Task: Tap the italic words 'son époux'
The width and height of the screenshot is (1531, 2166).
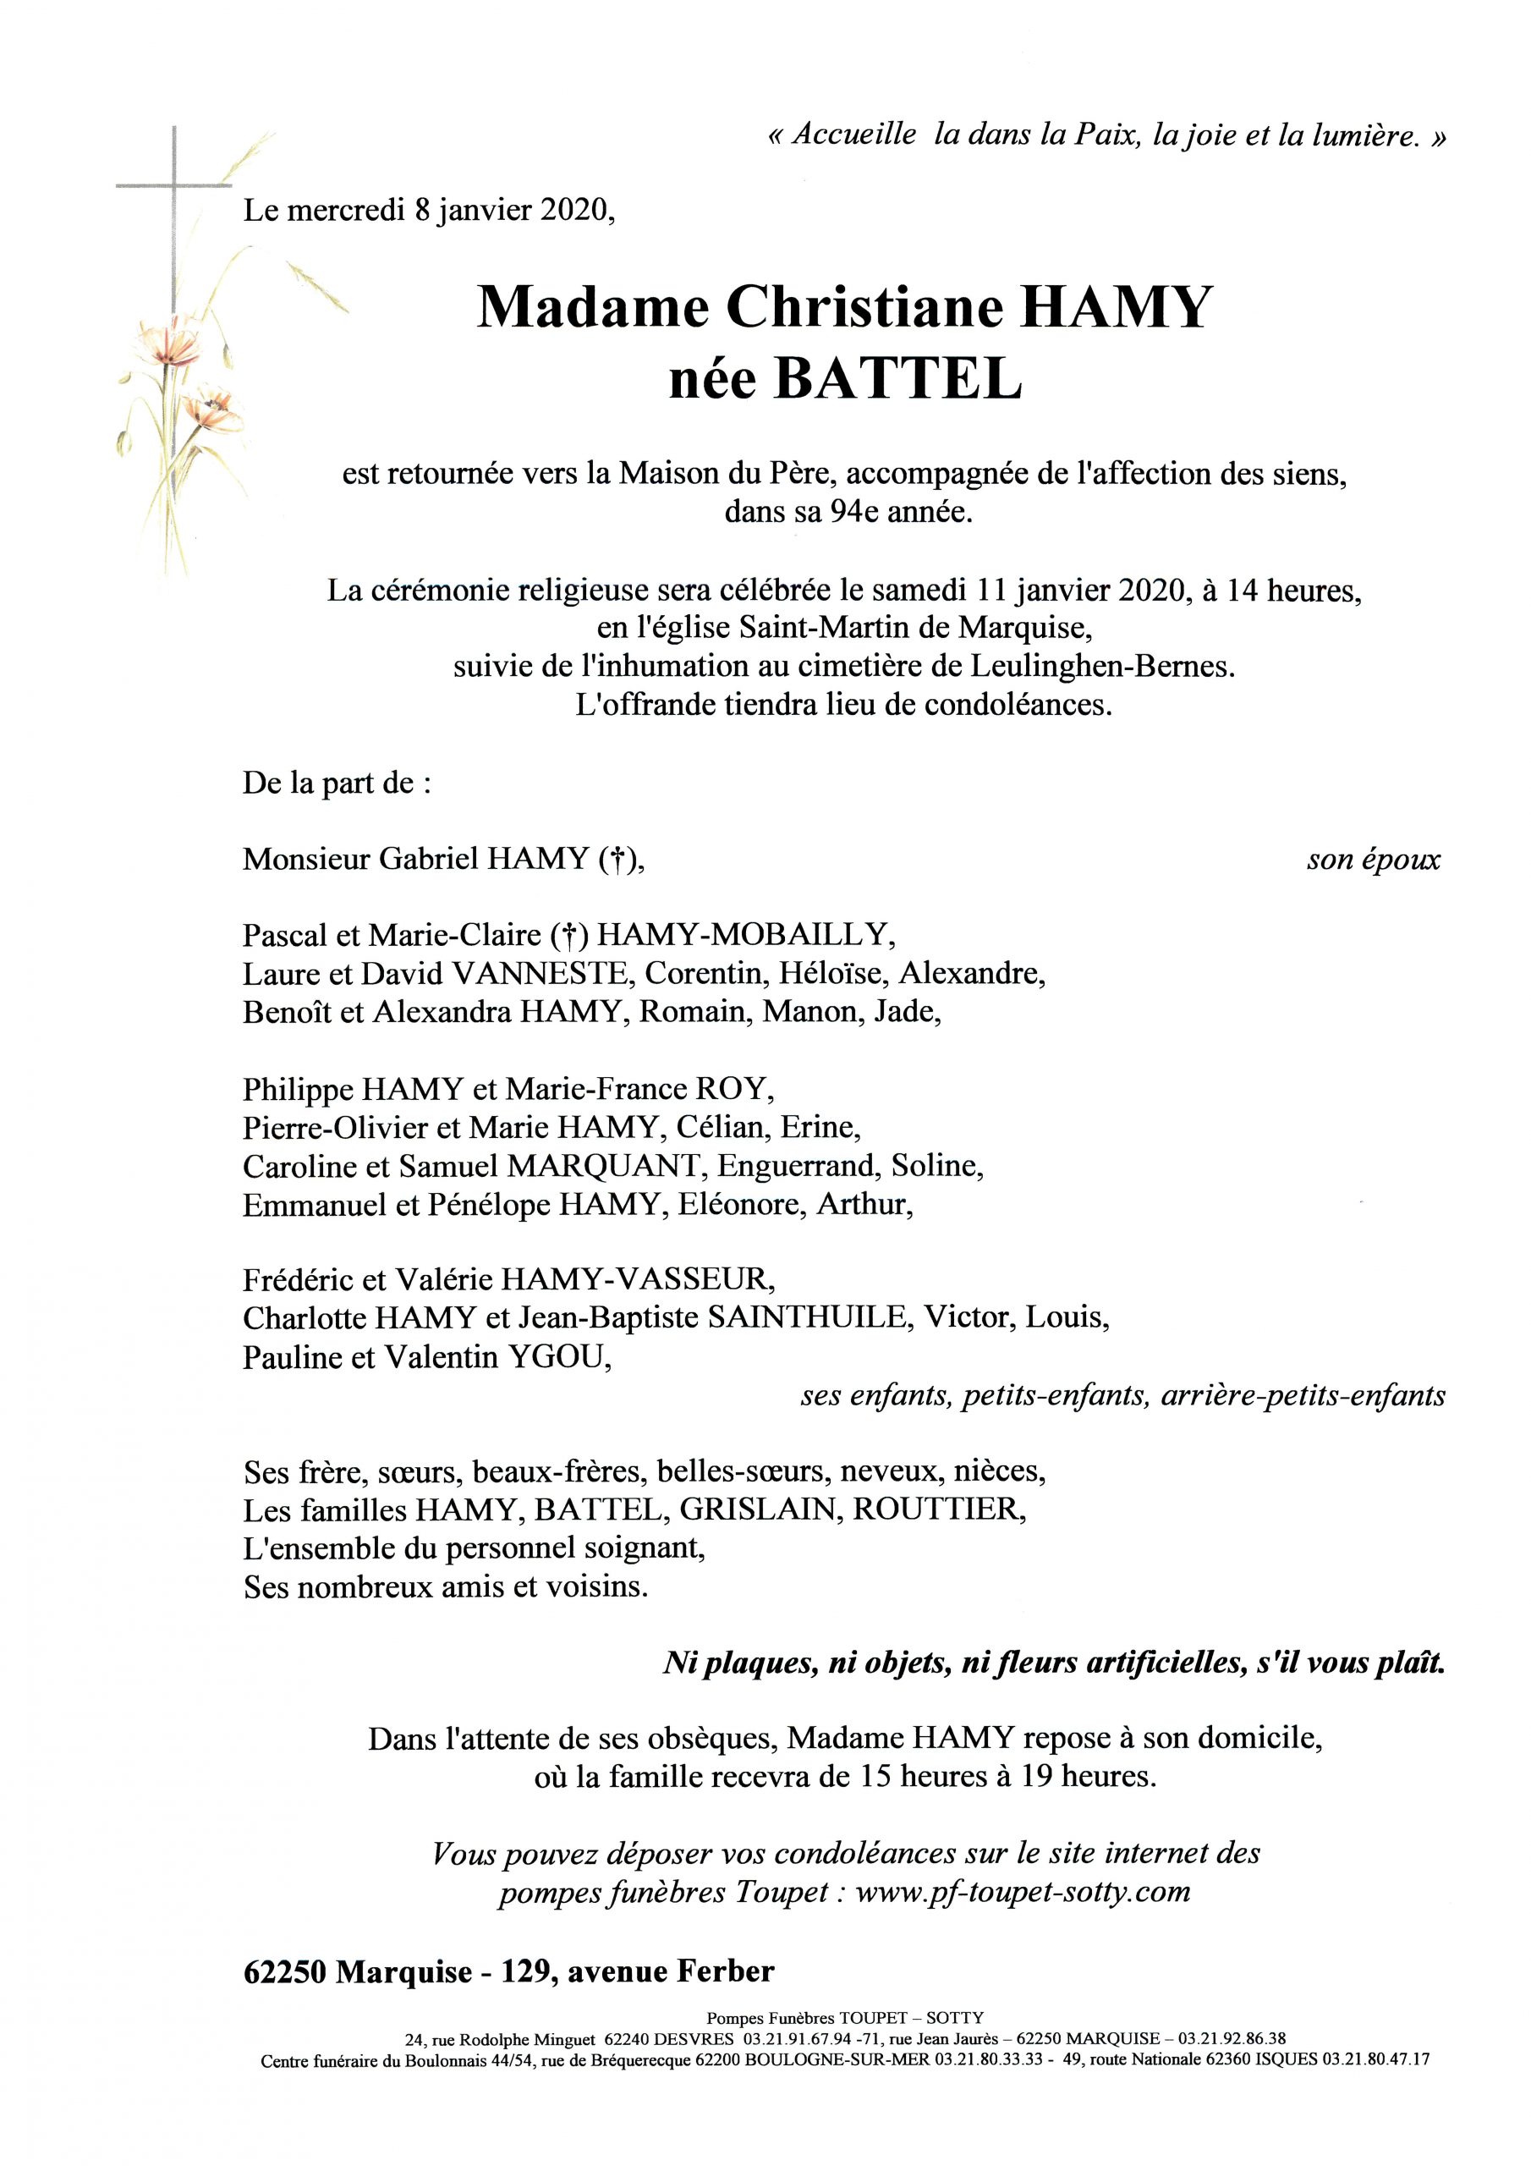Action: point(1373,860)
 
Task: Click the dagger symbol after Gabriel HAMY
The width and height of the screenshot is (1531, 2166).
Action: point(616,860)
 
